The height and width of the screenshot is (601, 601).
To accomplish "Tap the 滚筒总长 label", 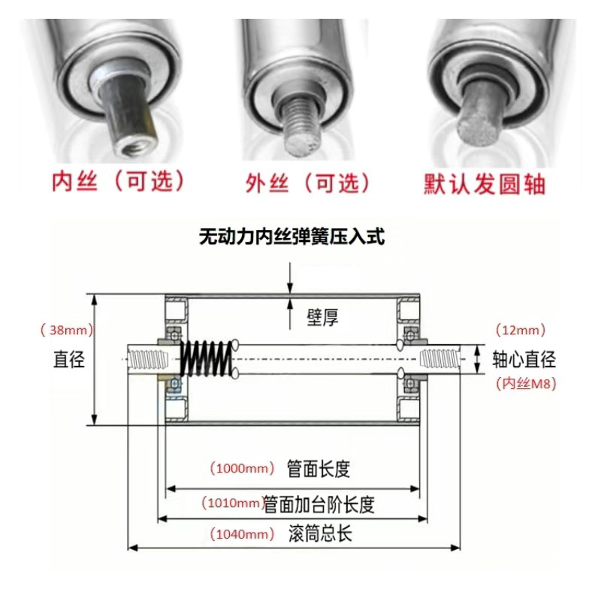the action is (319, 535).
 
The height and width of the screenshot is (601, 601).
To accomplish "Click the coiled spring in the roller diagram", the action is (206, 359).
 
